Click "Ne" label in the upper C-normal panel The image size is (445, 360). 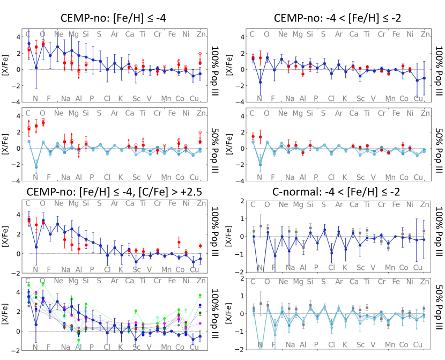[283, 204]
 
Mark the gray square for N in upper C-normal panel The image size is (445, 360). [261, 226]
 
